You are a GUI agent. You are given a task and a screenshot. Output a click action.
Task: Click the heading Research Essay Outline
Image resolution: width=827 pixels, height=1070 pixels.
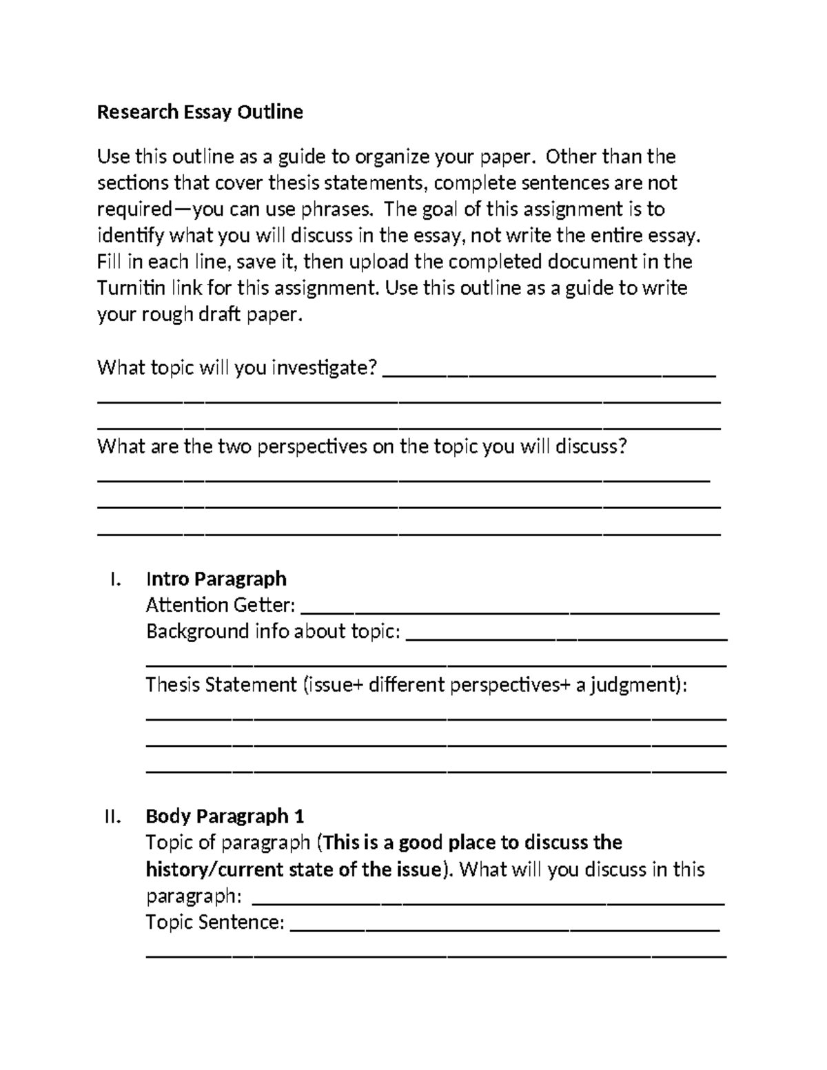click(200, 112)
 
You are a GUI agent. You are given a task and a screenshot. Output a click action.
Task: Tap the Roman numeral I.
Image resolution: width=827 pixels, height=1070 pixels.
click(115, 579)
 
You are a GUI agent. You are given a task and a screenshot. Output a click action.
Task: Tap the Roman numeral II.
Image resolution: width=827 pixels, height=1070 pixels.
click(112, 816)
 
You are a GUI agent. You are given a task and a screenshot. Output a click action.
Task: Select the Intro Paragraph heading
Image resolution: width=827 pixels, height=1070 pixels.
click(216, 579)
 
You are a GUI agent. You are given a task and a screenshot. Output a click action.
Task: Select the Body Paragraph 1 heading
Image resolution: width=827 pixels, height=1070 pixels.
click(225, 816)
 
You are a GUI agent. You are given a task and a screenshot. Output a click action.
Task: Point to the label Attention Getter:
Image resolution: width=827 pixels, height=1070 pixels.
click(221, 605)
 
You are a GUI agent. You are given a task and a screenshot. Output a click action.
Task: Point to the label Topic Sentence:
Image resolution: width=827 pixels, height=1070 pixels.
click(215, 923)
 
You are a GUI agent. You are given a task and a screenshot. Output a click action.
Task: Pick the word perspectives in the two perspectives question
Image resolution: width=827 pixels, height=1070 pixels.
click(312, 446)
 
